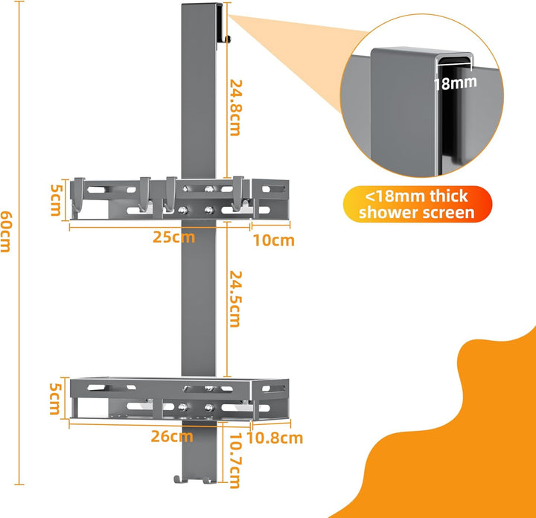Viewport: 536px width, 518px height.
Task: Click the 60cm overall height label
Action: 6,231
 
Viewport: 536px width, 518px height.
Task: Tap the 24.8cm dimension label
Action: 236,108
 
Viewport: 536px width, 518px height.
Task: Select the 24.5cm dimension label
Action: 235,299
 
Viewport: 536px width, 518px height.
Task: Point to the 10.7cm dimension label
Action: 235,461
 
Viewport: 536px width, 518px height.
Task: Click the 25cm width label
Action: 173,237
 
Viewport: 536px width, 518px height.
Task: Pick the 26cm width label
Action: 172,437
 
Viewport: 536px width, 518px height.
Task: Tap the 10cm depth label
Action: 273,240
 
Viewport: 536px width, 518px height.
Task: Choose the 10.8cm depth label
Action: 275,438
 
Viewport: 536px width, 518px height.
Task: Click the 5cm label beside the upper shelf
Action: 57,200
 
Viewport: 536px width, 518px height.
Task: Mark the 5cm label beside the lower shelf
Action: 56,399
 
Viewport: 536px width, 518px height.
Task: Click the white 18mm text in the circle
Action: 455,83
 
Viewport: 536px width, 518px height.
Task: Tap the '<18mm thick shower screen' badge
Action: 418,204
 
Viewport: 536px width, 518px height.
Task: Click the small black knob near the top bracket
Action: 228,39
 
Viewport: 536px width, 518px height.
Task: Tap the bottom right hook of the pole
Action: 209,480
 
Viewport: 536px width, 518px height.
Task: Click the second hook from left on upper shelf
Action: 145,194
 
